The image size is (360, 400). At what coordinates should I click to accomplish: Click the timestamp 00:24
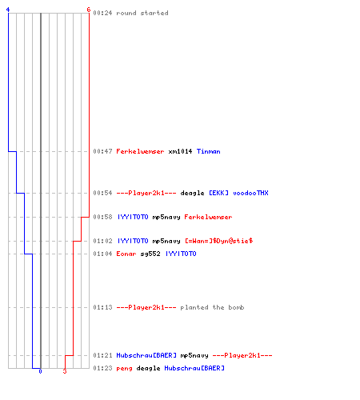point(102,13)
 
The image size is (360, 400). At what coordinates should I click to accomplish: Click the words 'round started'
point(142,13)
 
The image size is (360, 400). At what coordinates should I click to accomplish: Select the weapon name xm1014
point(180,151)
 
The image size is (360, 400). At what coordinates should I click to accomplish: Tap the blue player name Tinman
point(209,151)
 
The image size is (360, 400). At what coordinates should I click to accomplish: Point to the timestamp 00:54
point(102,193)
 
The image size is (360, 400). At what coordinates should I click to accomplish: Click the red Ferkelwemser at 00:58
point(208,217)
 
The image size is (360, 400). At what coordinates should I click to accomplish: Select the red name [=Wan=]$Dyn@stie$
point(219,241)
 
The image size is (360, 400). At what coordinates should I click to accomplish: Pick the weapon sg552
point(150,254)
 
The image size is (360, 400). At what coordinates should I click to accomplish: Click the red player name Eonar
point(126,254)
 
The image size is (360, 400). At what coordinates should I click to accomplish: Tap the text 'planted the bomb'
point(212,307)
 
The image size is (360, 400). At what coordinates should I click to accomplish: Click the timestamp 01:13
point(102,307)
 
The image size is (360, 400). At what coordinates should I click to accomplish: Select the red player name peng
point(124,368)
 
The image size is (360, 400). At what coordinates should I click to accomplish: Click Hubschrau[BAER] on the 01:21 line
point(146,355)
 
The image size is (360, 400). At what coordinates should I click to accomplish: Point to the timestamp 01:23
point(102,368)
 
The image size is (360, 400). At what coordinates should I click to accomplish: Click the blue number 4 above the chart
point(8,10)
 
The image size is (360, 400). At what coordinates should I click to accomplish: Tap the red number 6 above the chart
point(89,10)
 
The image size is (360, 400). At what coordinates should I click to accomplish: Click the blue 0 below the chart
point(40,371)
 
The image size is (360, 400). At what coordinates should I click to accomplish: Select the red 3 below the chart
point(65,371)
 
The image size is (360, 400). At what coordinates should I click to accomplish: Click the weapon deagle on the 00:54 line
point(192,193)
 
